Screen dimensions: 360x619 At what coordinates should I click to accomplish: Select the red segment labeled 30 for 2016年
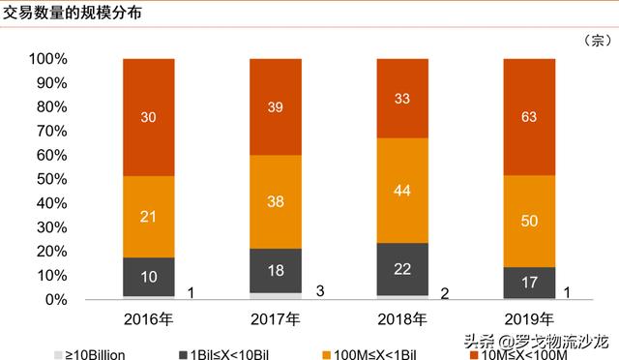[x=148, y=116]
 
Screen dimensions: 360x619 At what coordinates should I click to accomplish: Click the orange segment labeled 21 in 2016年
[x=148, y=216]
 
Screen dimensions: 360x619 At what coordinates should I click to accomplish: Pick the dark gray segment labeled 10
[x=148, y=277]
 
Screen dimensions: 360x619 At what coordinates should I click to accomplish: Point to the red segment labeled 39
[x=275, y=106]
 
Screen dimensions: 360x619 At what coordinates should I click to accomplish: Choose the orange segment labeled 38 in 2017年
[x=275, y=201]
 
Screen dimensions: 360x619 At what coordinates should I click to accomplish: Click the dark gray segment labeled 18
[x=275, y=270]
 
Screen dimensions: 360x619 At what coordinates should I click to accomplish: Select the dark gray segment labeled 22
[x=402, y=268]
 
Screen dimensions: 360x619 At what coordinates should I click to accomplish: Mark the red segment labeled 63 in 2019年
[x=529, y=116]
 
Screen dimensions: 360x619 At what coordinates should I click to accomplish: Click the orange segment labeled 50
[x=529, y=222]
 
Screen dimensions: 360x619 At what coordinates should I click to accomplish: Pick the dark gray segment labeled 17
[x=529, y=283]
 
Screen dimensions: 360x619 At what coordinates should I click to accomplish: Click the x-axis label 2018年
[x=402, y=319]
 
